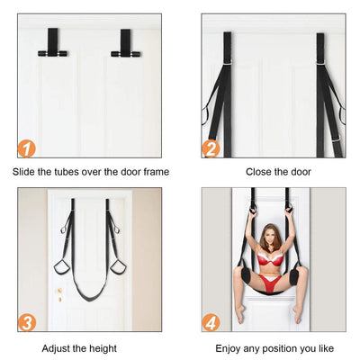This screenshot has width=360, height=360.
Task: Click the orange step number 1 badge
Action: pos(27,148)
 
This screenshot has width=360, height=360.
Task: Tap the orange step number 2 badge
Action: pos(211,148)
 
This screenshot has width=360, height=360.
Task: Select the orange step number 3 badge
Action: pos(27,320)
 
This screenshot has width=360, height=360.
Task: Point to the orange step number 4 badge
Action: pos(211,320)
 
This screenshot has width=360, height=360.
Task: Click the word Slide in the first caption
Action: pos(24,171)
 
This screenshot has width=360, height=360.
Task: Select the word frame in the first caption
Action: pos(154,171)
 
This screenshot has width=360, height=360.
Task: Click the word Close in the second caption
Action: pos(257,171)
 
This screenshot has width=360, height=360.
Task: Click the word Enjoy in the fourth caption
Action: pos(230,347)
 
